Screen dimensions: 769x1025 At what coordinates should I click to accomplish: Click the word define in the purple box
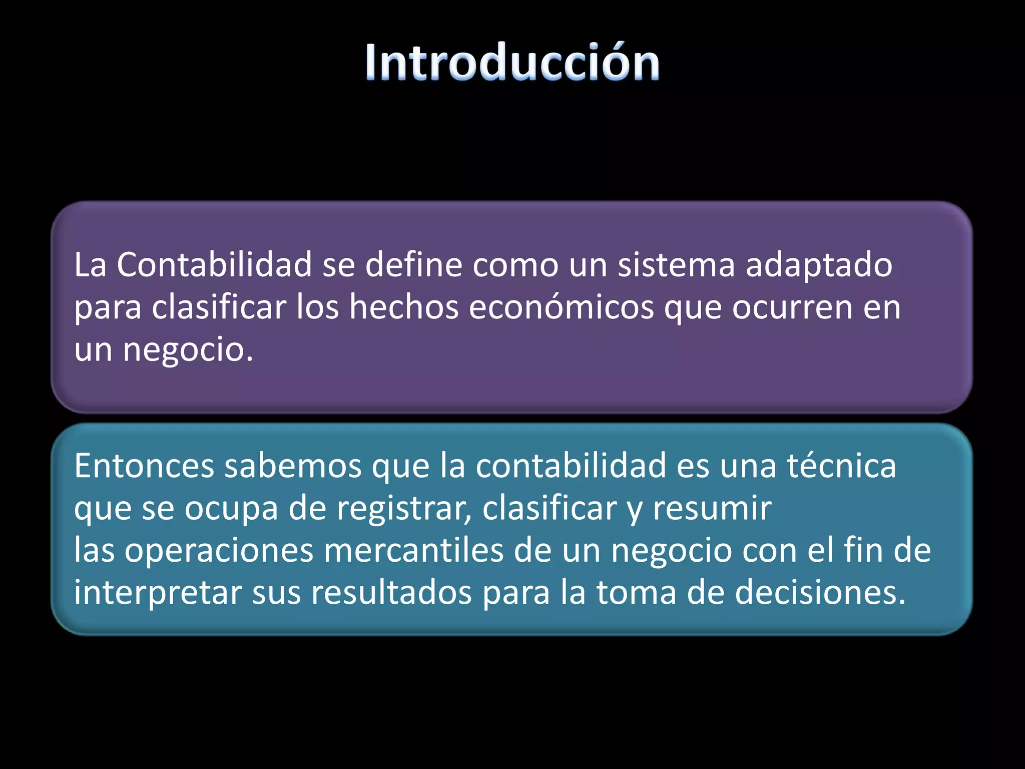(413, 265)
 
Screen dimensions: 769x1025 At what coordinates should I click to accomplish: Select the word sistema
(676, 265)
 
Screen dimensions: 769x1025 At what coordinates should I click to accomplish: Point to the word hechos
(404, 307)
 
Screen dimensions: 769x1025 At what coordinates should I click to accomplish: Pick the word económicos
(561, 307)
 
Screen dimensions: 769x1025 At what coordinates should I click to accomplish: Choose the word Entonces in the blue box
(144, 466)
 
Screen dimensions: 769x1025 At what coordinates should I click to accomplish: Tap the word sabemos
(293, 466)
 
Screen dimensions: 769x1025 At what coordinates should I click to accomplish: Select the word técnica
(841, 466)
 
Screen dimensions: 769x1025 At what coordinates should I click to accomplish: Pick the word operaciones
(218, 551)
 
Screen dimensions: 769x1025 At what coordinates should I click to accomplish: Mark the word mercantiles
(413, 550)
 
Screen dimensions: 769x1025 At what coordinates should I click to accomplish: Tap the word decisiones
(820, 592)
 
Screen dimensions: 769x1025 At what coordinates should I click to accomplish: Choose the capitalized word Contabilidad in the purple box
(214, 265)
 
